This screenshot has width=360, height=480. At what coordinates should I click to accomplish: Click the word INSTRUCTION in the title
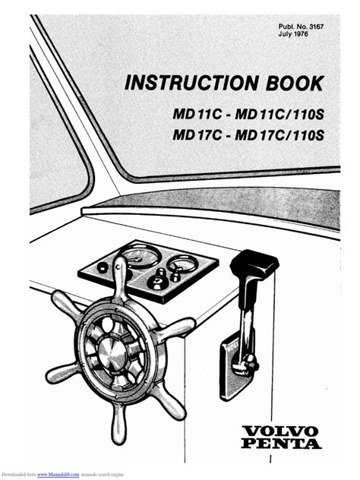tap(191, 82)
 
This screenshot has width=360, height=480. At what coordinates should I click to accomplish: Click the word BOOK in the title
tap(295, 82)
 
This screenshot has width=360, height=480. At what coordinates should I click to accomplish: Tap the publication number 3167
tap(317, 27)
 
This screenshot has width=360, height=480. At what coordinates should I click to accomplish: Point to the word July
tap(284, 34)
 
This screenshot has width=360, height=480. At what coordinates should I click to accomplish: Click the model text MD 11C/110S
tap(279, 115)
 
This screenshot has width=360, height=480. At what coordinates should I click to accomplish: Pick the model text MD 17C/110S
tap(279, 135)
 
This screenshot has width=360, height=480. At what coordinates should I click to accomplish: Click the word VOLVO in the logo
tap(279, 431)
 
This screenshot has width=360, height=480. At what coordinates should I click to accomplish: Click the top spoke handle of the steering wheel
tap(120, 277)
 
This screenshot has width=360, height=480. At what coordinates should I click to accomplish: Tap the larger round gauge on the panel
tap(140, 257)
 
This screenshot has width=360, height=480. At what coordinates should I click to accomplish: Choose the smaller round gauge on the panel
tap(182, 264)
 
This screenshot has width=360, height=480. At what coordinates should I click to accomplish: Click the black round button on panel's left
tap(103, 268)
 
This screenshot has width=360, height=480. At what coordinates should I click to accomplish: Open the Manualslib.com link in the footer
tap(58, 475)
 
